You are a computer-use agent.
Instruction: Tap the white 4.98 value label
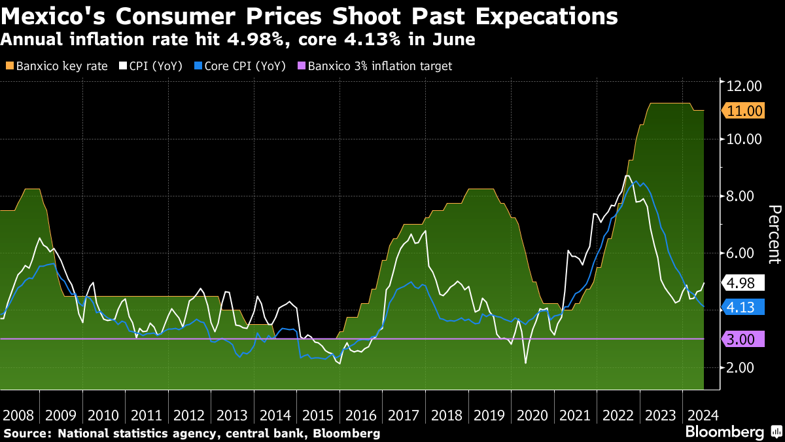pos(744,284)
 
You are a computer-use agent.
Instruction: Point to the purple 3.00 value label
pos(744,339)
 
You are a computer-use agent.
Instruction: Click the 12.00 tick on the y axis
pos(744,86)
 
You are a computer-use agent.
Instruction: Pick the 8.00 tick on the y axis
pos(744,196)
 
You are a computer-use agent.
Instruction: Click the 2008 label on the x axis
pos(18,415)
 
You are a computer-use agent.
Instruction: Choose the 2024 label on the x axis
pos(702,415)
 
